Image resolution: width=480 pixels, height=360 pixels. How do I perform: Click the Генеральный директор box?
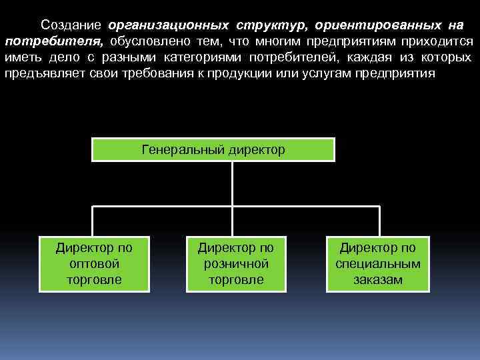[x=213, y=150]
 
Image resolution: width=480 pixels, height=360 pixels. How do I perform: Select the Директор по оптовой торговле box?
[x=94, y=263]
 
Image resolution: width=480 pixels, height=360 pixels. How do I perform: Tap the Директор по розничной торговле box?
[x=236, y=263]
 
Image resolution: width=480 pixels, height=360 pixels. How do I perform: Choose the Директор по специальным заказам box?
[x=377, y=263]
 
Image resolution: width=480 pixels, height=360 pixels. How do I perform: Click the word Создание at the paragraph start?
[x=70, y=25]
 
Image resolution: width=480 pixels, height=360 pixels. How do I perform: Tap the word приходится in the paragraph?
[x=440, y=41]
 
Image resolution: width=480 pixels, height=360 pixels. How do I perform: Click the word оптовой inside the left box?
[x=94, y=264]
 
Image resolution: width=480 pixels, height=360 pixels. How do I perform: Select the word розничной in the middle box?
[x=236, y=264]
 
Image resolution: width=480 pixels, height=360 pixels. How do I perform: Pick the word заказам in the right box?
[x=377, y=279]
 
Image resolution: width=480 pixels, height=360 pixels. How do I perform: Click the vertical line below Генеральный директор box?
[x=232, y=183]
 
